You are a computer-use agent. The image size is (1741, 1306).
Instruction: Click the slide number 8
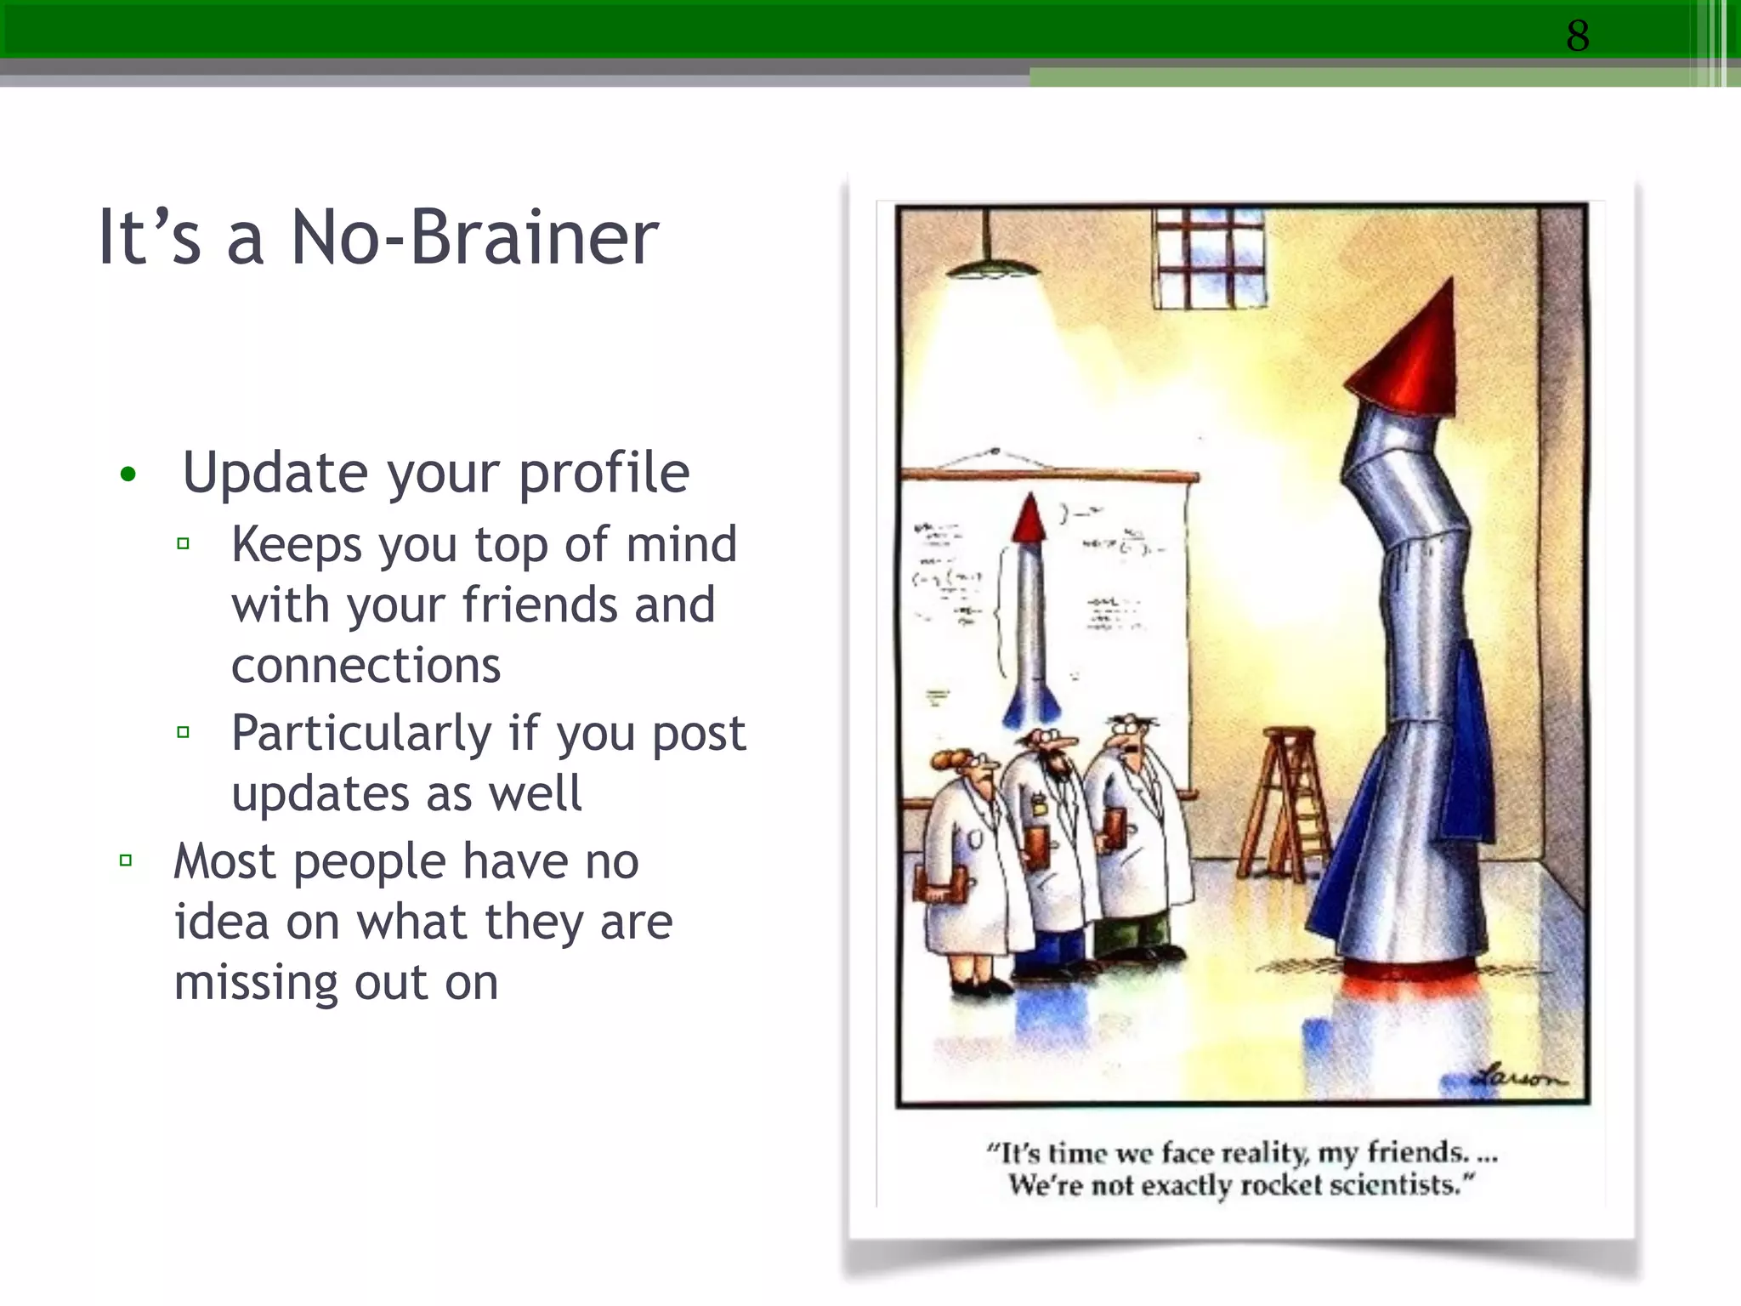pos(1577,36)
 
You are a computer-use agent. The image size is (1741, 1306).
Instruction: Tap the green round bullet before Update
pos(128,474)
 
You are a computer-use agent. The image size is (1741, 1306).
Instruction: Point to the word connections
pos(366,666)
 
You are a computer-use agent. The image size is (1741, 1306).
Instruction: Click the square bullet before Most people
pos(126,861)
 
